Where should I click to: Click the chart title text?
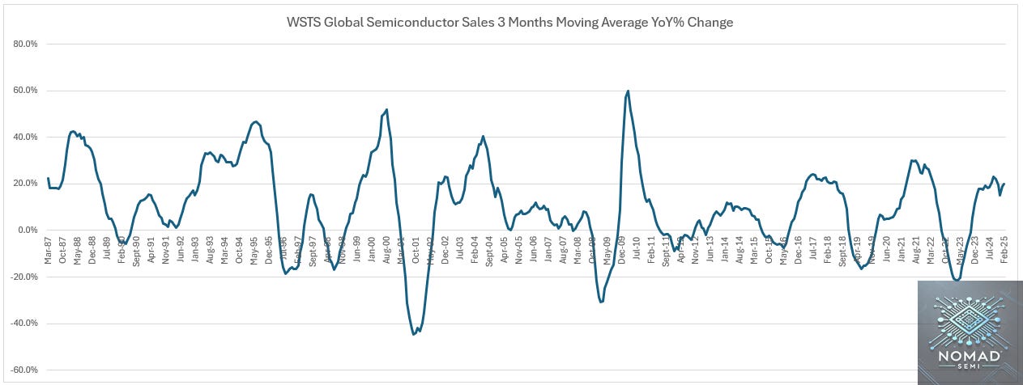[511, 22]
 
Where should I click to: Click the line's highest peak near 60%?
[629, 91]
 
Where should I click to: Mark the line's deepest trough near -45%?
[414, 334]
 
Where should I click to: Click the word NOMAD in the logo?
[970, 357]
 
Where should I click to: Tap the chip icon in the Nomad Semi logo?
[970, 318]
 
